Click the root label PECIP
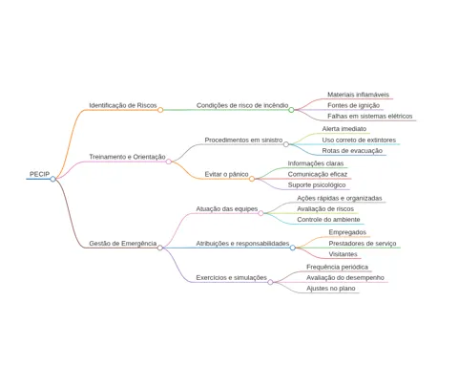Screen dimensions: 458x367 39,174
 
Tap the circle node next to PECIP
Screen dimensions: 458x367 52,179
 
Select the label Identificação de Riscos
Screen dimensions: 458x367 123,105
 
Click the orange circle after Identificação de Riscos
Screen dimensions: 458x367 160,110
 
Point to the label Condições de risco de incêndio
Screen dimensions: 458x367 242,105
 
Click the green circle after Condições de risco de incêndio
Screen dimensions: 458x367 291,110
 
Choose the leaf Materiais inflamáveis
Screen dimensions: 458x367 358,95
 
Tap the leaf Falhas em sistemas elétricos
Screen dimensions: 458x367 370,117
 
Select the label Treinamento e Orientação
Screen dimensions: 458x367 127,157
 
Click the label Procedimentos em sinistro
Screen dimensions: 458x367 243,140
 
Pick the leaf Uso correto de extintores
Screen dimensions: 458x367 359,140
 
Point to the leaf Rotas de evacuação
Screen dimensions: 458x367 352,151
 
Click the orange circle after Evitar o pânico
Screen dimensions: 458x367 252,179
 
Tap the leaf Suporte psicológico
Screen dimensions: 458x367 317,185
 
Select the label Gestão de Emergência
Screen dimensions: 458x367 123,244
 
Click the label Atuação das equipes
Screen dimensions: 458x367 227,209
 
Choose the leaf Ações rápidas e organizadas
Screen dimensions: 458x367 340,198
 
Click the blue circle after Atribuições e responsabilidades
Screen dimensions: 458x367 293,248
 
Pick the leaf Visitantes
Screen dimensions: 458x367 343,254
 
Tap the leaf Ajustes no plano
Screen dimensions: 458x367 331,289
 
